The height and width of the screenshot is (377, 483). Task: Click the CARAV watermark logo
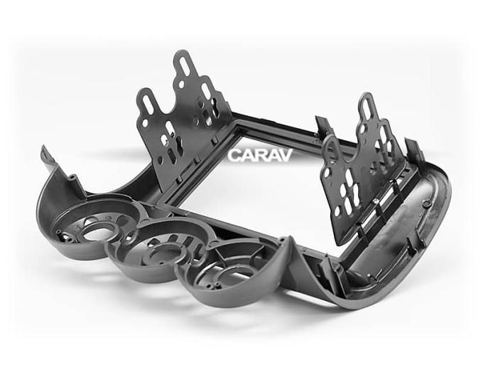click(260, 155)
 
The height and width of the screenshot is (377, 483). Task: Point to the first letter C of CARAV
click(234, 156)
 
